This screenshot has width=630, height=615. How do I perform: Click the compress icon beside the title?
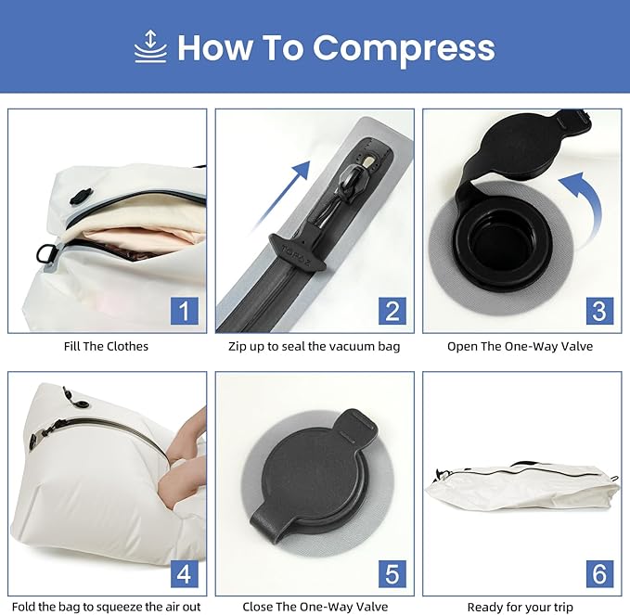[x=150, y=47]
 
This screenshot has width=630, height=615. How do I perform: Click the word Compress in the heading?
[x=403, y=48]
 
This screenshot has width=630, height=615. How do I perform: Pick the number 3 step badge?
[x=598, y=310]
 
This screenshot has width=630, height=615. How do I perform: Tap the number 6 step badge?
[x=598, y=573]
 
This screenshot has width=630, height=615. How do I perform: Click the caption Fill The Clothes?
[x=107, y=347]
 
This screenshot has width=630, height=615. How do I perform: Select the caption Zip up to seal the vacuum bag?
[x=315, y=347]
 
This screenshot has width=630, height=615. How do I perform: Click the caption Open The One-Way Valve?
[x=520, y=347]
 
